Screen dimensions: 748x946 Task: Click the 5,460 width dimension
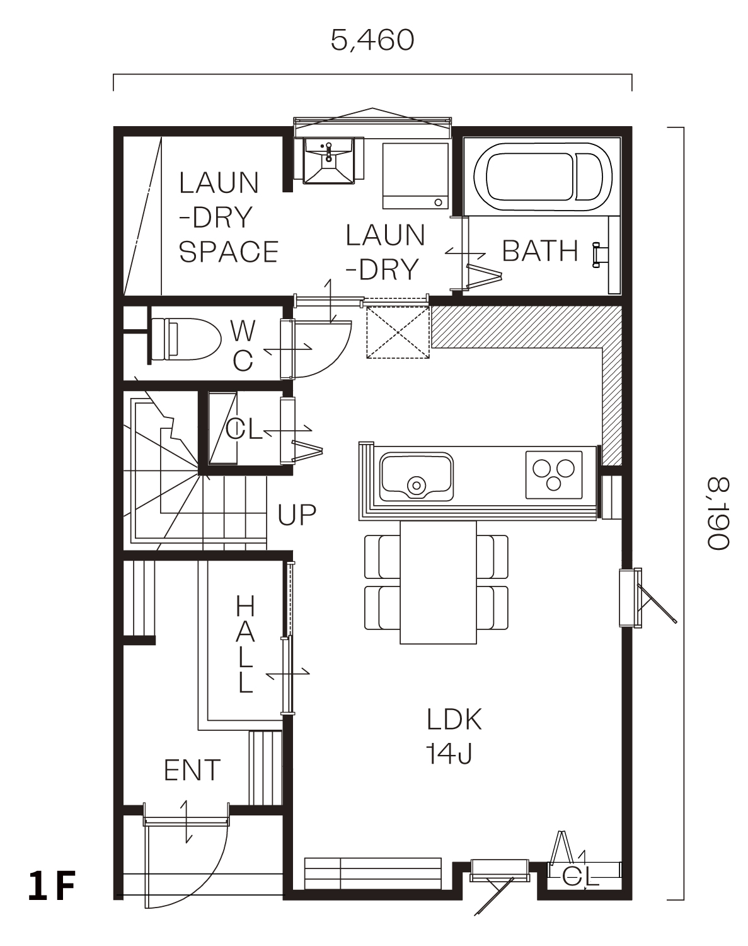point(372,40)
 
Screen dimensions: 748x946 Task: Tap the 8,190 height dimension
point(718,513)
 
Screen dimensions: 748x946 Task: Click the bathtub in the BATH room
point(543,178)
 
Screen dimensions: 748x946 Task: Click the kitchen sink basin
point(416,477)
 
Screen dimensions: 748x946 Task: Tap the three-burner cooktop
point(554,475)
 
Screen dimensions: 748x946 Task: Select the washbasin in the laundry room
point(328,160)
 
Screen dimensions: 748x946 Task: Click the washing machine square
point(415,175)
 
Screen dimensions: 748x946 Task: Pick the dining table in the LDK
point(438,582)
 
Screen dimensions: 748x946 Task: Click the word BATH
point(540,251)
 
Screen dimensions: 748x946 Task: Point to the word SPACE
point(228,252)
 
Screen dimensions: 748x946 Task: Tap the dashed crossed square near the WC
point(398,332)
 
